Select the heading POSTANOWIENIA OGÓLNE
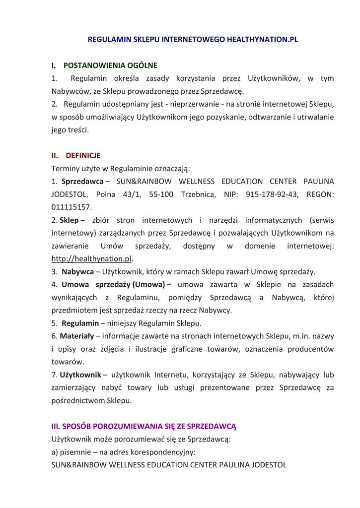pos(110,65)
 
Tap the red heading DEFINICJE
pos(83,155)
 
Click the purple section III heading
pos(144,426)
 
